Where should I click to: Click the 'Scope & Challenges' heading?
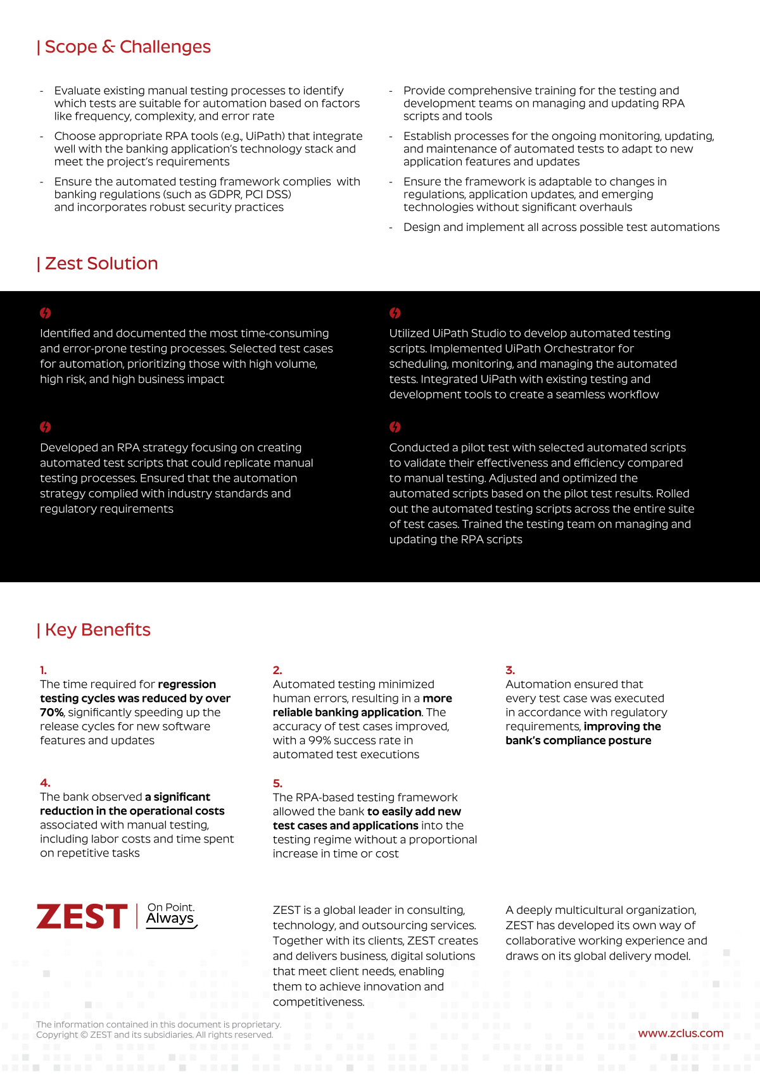[127, 47]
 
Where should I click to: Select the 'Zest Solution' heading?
[101, 263]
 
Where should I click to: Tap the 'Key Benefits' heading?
[97, 630]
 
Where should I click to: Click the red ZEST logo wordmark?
[82, 917]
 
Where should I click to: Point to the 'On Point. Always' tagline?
[171, 915]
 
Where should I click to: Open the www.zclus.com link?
[680, 1033]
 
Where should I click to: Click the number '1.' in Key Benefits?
[43, 670]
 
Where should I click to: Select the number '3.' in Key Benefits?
[510, 670]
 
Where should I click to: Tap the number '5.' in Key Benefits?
[277, 784]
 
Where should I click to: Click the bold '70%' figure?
[51, 713]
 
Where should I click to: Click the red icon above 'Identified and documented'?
[46, 313]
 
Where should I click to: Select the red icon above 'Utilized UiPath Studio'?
[395, 313]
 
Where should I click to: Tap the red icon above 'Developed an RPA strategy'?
[46, 427]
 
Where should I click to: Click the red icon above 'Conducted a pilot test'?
[395, 427]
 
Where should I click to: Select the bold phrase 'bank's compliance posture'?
[578, 740]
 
